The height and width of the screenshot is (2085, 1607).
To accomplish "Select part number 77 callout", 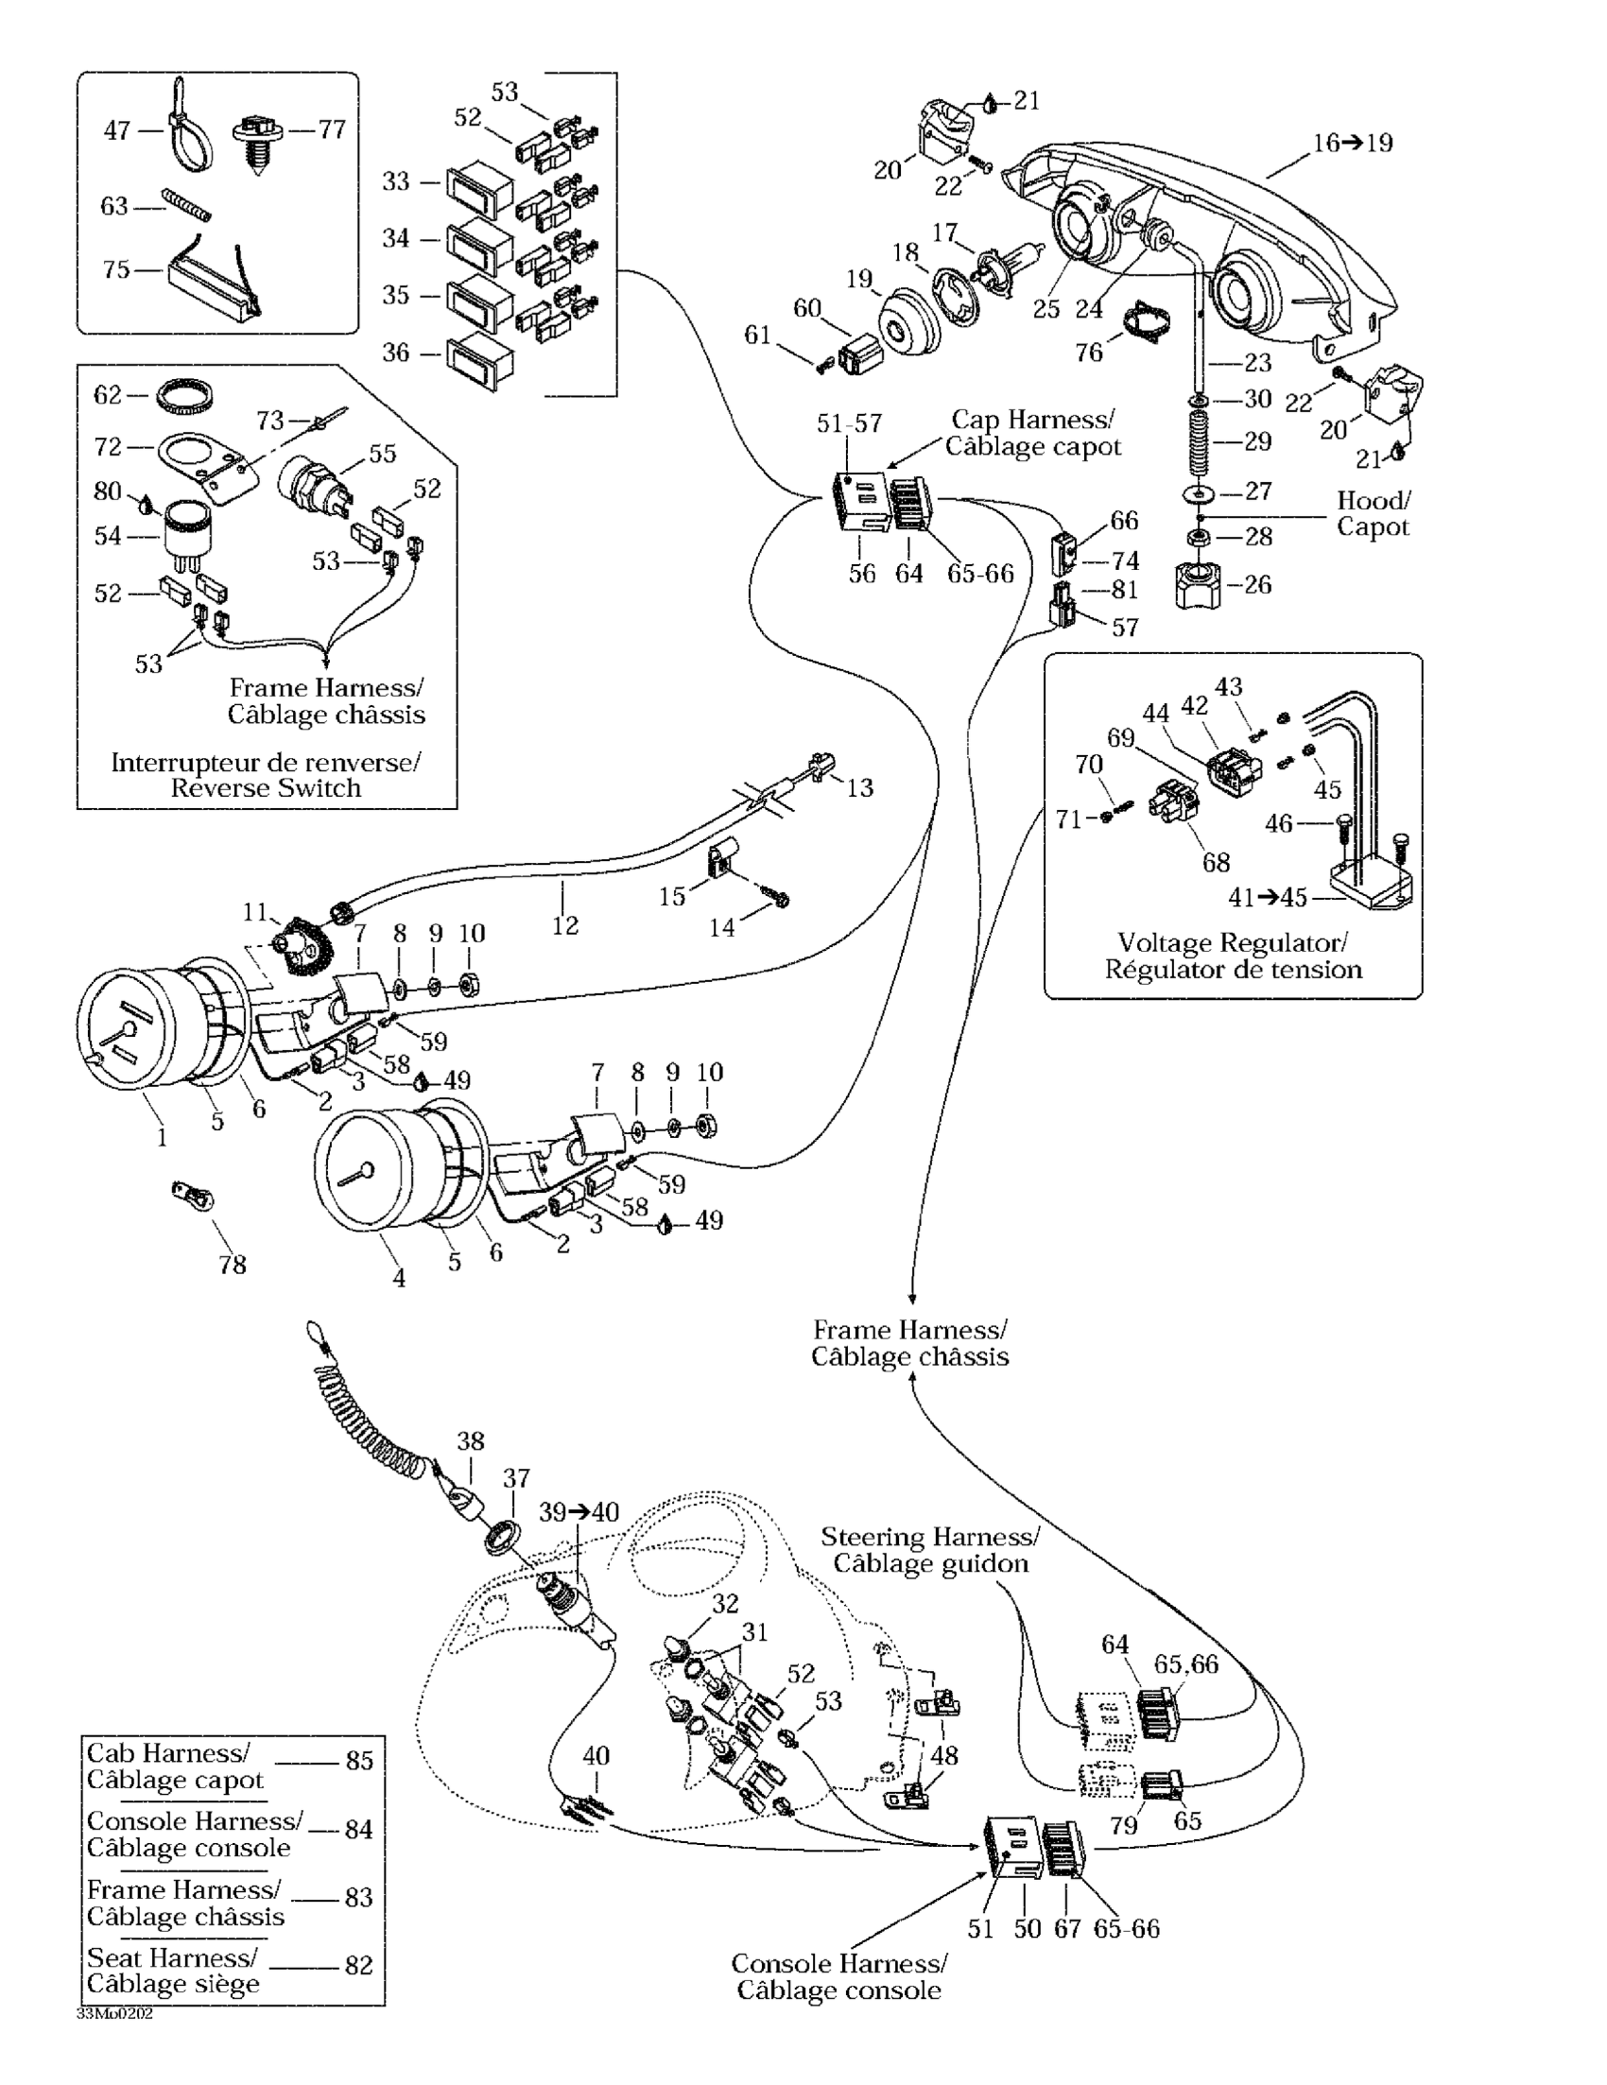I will pyautogui.click(x=332, y=129).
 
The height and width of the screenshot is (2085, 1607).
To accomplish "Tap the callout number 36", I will pyautogui.click(x=395, y=353).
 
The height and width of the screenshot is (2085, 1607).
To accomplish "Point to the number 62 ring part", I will pyautogui.click(x=184, y=394).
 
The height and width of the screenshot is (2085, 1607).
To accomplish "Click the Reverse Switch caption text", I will pyautogui.click(x=266, y=787).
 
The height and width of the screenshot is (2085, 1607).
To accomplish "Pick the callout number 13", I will pyautogui.click(x=859, y=787).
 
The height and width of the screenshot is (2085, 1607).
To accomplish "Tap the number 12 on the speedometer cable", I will pyautogui.click(x=564, y=925).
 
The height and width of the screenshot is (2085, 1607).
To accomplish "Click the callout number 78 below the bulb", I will pyautogui.click(x=232, y=1264).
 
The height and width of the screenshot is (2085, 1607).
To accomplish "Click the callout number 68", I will pyautogui.click(x=1216, y=862).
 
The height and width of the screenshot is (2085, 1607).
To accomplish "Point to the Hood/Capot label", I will pyautogui.click(x=1374, y=513).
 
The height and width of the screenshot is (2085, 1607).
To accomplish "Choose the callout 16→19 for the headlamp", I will pyautogui.click(x=1352, y=144).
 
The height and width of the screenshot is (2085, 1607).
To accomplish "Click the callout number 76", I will pyautogui.click(x=1089, y=353).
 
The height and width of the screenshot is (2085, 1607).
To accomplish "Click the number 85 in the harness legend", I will pyautogui.click(x=359, y=1761).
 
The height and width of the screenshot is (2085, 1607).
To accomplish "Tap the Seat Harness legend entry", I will pyautogui.click(x=173, y=1971).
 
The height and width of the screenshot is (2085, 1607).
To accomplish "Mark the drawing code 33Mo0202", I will pyautogui.click(x=114, y=2014).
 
